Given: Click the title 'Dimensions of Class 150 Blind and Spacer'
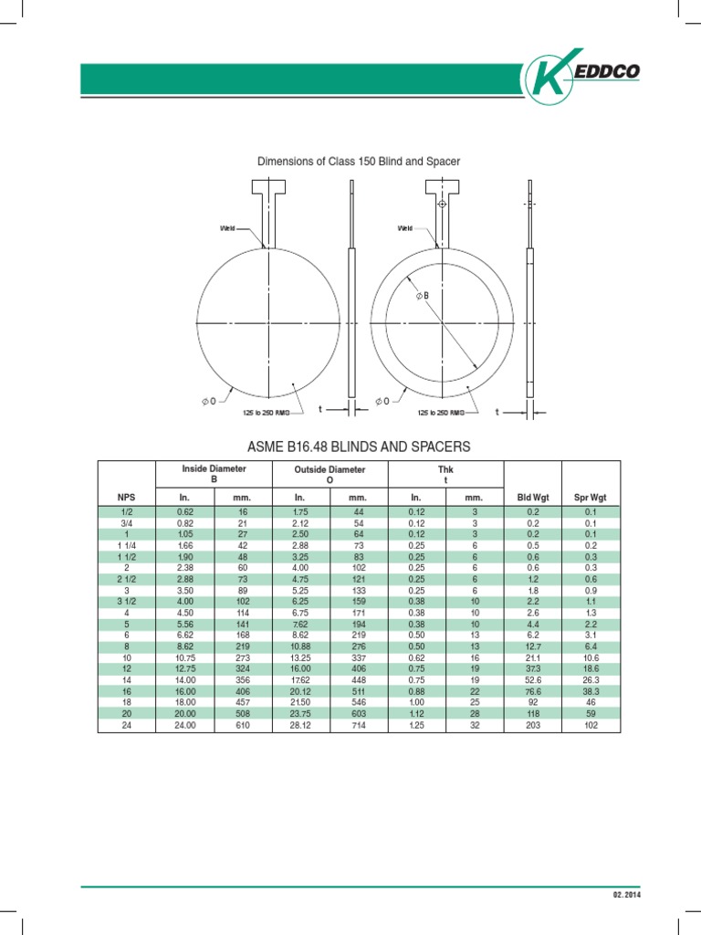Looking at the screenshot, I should point(359,162).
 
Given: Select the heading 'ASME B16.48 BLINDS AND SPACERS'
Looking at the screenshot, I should point(359,446).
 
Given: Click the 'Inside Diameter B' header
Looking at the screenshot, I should point(214,473).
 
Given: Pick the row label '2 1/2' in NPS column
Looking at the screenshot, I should point(126,580).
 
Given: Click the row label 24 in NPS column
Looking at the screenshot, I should point(126,726).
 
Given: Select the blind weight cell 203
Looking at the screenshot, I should point(533,726).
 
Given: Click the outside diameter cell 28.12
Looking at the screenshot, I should point(301,726).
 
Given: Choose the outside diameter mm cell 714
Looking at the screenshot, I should point(359,726).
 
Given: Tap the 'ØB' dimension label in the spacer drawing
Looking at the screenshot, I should point(422,295).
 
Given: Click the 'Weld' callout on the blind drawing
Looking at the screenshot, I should point(227,227).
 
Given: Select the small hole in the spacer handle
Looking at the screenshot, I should point(443,205).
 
